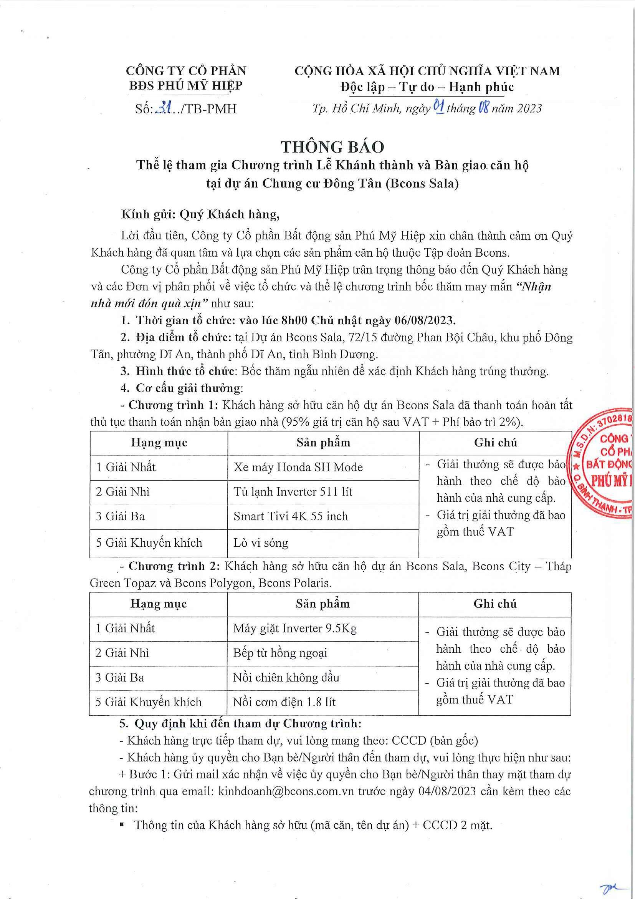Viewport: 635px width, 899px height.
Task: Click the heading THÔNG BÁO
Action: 332,147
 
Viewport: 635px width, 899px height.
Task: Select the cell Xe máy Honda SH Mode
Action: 298,467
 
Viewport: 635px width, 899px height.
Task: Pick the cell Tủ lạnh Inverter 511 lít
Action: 293,492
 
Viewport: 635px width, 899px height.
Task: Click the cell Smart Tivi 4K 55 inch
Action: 290,516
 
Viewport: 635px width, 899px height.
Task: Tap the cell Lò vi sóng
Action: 261,543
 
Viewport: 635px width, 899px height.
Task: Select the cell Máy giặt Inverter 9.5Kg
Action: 294,629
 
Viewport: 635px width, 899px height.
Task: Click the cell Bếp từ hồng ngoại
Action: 280,653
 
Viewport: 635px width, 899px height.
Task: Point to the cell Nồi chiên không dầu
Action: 286,677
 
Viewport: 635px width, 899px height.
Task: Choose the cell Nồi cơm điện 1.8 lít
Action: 284,702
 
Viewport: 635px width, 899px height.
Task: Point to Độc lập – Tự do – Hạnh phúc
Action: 427,87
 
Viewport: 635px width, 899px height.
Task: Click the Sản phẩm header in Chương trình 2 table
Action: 322,604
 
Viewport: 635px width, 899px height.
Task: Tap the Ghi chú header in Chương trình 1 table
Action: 495,443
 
